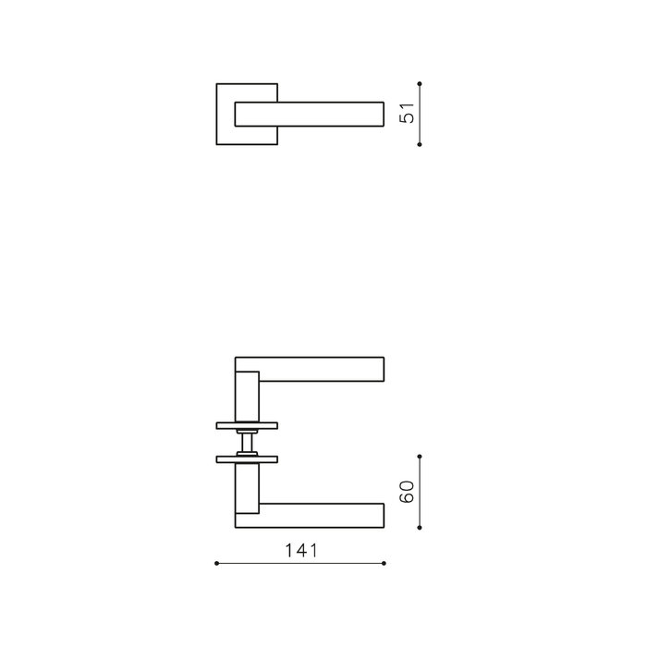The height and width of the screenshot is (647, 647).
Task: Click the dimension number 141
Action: pyautogui.click(x=300, y=551)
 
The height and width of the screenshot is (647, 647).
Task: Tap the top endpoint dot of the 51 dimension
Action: pyautogui.click(x=421, y=83)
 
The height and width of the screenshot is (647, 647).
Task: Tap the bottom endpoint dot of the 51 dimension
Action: pyautogui.click(x=421, y=144)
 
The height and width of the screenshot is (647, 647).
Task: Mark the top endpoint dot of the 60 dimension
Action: pyautogui.click(x=421, y=456)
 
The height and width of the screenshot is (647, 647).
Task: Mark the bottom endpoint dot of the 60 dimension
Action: pyautogui.click(x=421, y=528)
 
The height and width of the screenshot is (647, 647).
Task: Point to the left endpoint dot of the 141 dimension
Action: pyautogui.click(x=215, y=562)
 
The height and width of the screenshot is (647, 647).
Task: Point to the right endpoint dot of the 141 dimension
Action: pyautogui.click(x=385, y=562)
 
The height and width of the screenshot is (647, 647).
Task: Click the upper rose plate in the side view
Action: pyautogui.click(x=246, y=427)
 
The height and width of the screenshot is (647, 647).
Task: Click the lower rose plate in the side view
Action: pyautogui.click(x=246, y=458)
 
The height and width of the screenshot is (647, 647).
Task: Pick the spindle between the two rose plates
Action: pyautogui.click(x=246, y=443)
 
